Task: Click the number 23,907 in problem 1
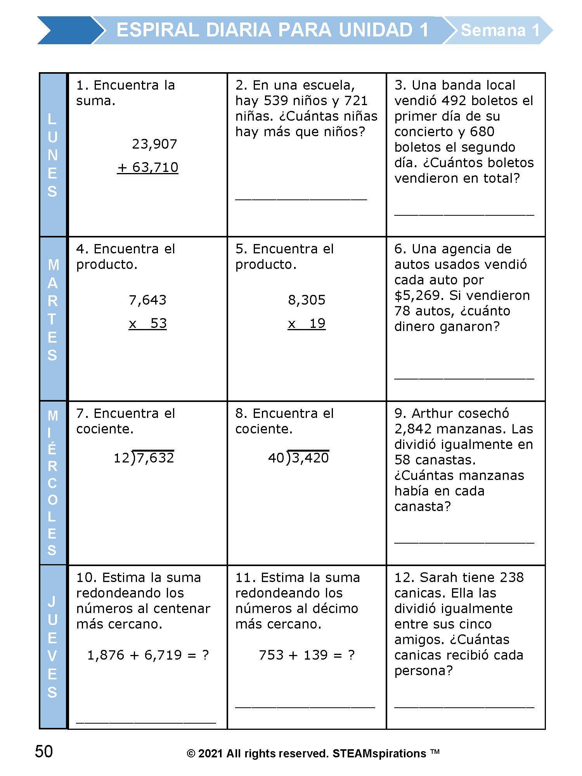pyautogui.click(x=154, y=144)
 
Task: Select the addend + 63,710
pyautogui.click(x=148, y=168)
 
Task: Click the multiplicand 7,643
pyautogui.click(x=147, y=300)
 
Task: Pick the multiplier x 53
pyautogui.click(x=148, y=324)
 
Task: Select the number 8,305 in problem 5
pyautogui.click(x=307, y=300)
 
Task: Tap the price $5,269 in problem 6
pyautogui.click(x=419, y=296)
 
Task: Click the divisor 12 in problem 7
pyautogui.click(x=121, y=458)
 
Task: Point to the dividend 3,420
pyautogui.click(x=310, y=458)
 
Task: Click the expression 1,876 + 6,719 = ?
pyautogui.click(x=148, y=655)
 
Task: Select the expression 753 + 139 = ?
pyautogui.click(x=307, y=655)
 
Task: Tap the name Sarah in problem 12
pyautogui.click(x=438, y=578)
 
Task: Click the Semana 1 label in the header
pyautogui.click(x=500, y=30)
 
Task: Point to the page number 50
pyautogui.click(x=44, y=752)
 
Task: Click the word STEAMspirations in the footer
pyautogui.click(x=379, y=753)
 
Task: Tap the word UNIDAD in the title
pyautogui.click(x=375, y=30)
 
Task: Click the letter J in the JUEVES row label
pyautogui.click(x=52, y=601)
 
